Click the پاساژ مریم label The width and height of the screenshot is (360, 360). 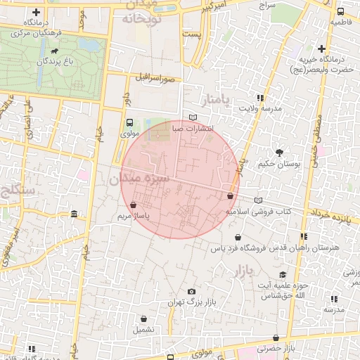coord(134,217)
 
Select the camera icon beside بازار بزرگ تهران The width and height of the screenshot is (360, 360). coord(191,292)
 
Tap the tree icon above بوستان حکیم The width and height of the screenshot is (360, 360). coord(279,152)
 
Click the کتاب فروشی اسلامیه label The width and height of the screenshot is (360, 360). coord(258,211)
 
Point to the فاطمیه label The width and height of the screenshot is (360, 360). coord(340,22)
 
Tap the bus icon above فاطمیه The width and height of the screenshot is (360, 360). coord(340,11)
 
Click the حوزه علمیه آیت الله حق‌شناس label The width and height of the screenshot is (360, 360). coord(280,289)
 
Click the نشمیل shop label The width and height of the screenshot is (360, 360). coord(143,329)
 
